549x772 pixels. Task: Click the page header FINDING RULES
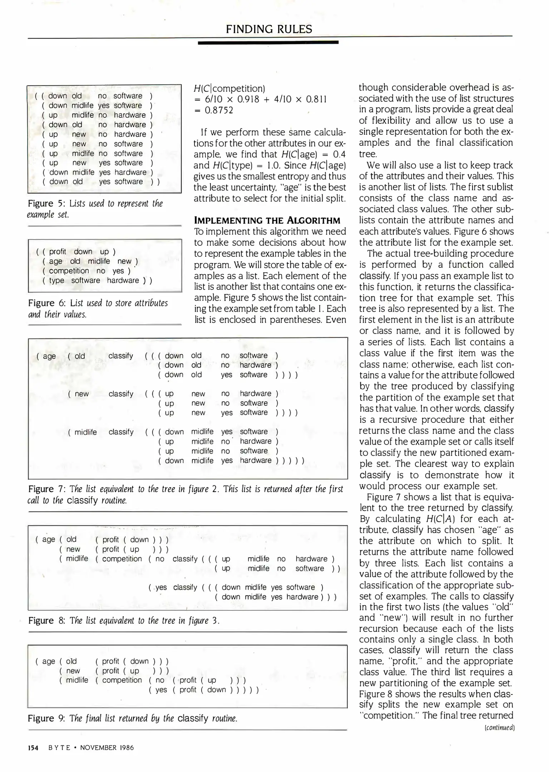point(269,29)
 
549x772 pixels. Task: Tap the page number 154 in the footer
point(33,747)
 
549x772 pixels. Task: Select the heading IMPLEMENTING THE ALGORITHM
point(267,220)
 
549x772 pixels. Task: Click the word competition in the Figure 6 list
point(69,271)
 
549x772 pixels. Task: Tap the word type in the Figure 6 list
point(56,281)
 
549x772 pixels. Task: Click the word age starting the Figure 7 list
point(49,356)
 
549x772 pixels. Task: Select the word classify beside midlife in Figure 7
point(121,432)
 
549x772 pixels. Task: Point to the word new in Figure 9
point(73,671)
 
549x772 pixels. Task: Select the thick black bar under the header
point(268,42)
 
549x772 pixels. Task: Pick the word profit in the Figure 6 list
point(58,252)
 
